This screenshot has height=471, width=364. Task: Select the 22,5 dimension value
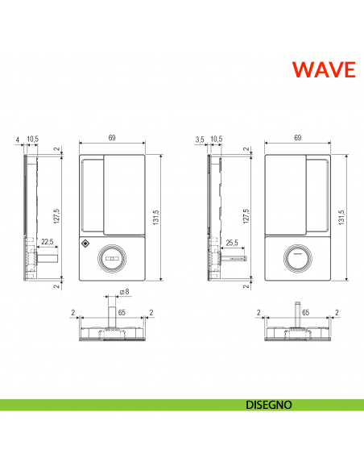(x=48, y=241)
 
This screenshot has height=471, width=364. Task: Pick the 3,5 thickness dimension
(x=200, y=140)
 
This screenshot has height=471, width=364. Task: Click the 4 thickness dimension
(x=16, y=140)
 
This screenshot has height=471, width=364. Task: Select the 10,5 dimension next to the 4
(x=32, y=140)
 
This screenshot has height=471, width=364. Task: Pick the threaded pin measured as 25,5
(x=234, y=259)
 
